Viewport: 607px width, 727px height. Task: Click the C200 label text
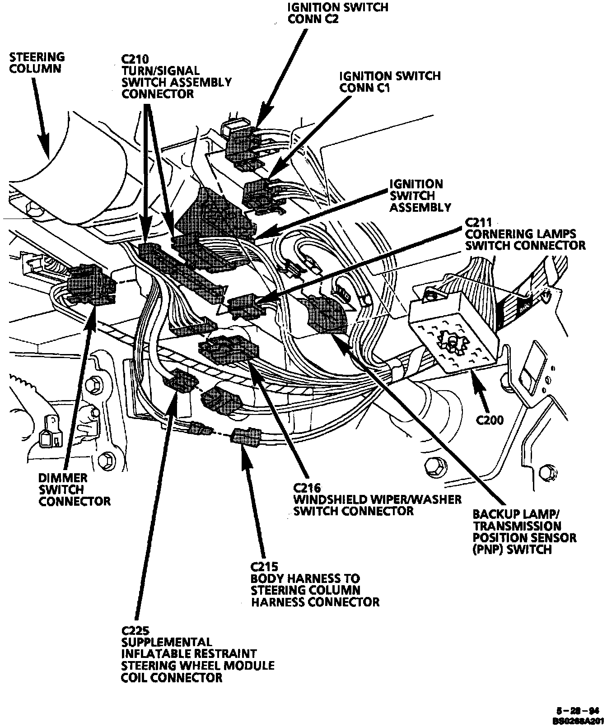(x=490, y=420)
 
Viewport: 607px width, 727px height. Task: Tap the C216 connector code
(x=307, y=488)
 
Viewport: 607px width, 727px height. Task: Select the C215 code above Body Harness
(x=265, y=566)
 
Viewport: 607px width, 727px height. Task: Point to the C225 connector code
(x=135, y=630)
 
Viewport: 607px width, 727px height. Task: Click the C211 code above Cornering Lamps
(x=478, y=222)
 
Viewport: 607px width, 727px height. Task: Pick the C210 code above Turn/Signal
(x=135, y=59)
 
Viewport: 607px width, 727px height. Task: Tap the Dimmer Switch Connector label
(x=74, y=489)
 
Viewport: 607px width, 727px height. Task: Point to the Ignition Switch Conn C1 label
(x=389, y=81)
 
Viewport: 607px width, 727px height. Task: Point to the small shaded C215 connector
(x=245, y=437)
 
